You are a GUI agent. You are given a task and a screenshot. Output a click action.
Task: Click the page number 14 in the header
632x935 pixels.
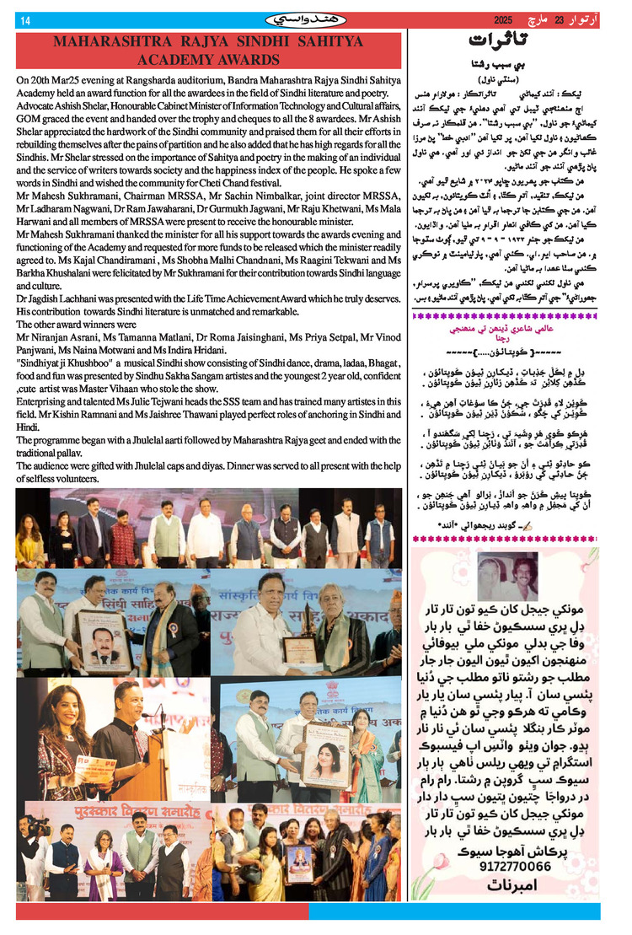click(x=25, y=20)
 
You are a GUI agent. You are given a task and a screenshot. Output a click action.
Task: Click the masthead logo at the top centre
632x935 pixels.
click(x=315, y=19)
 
